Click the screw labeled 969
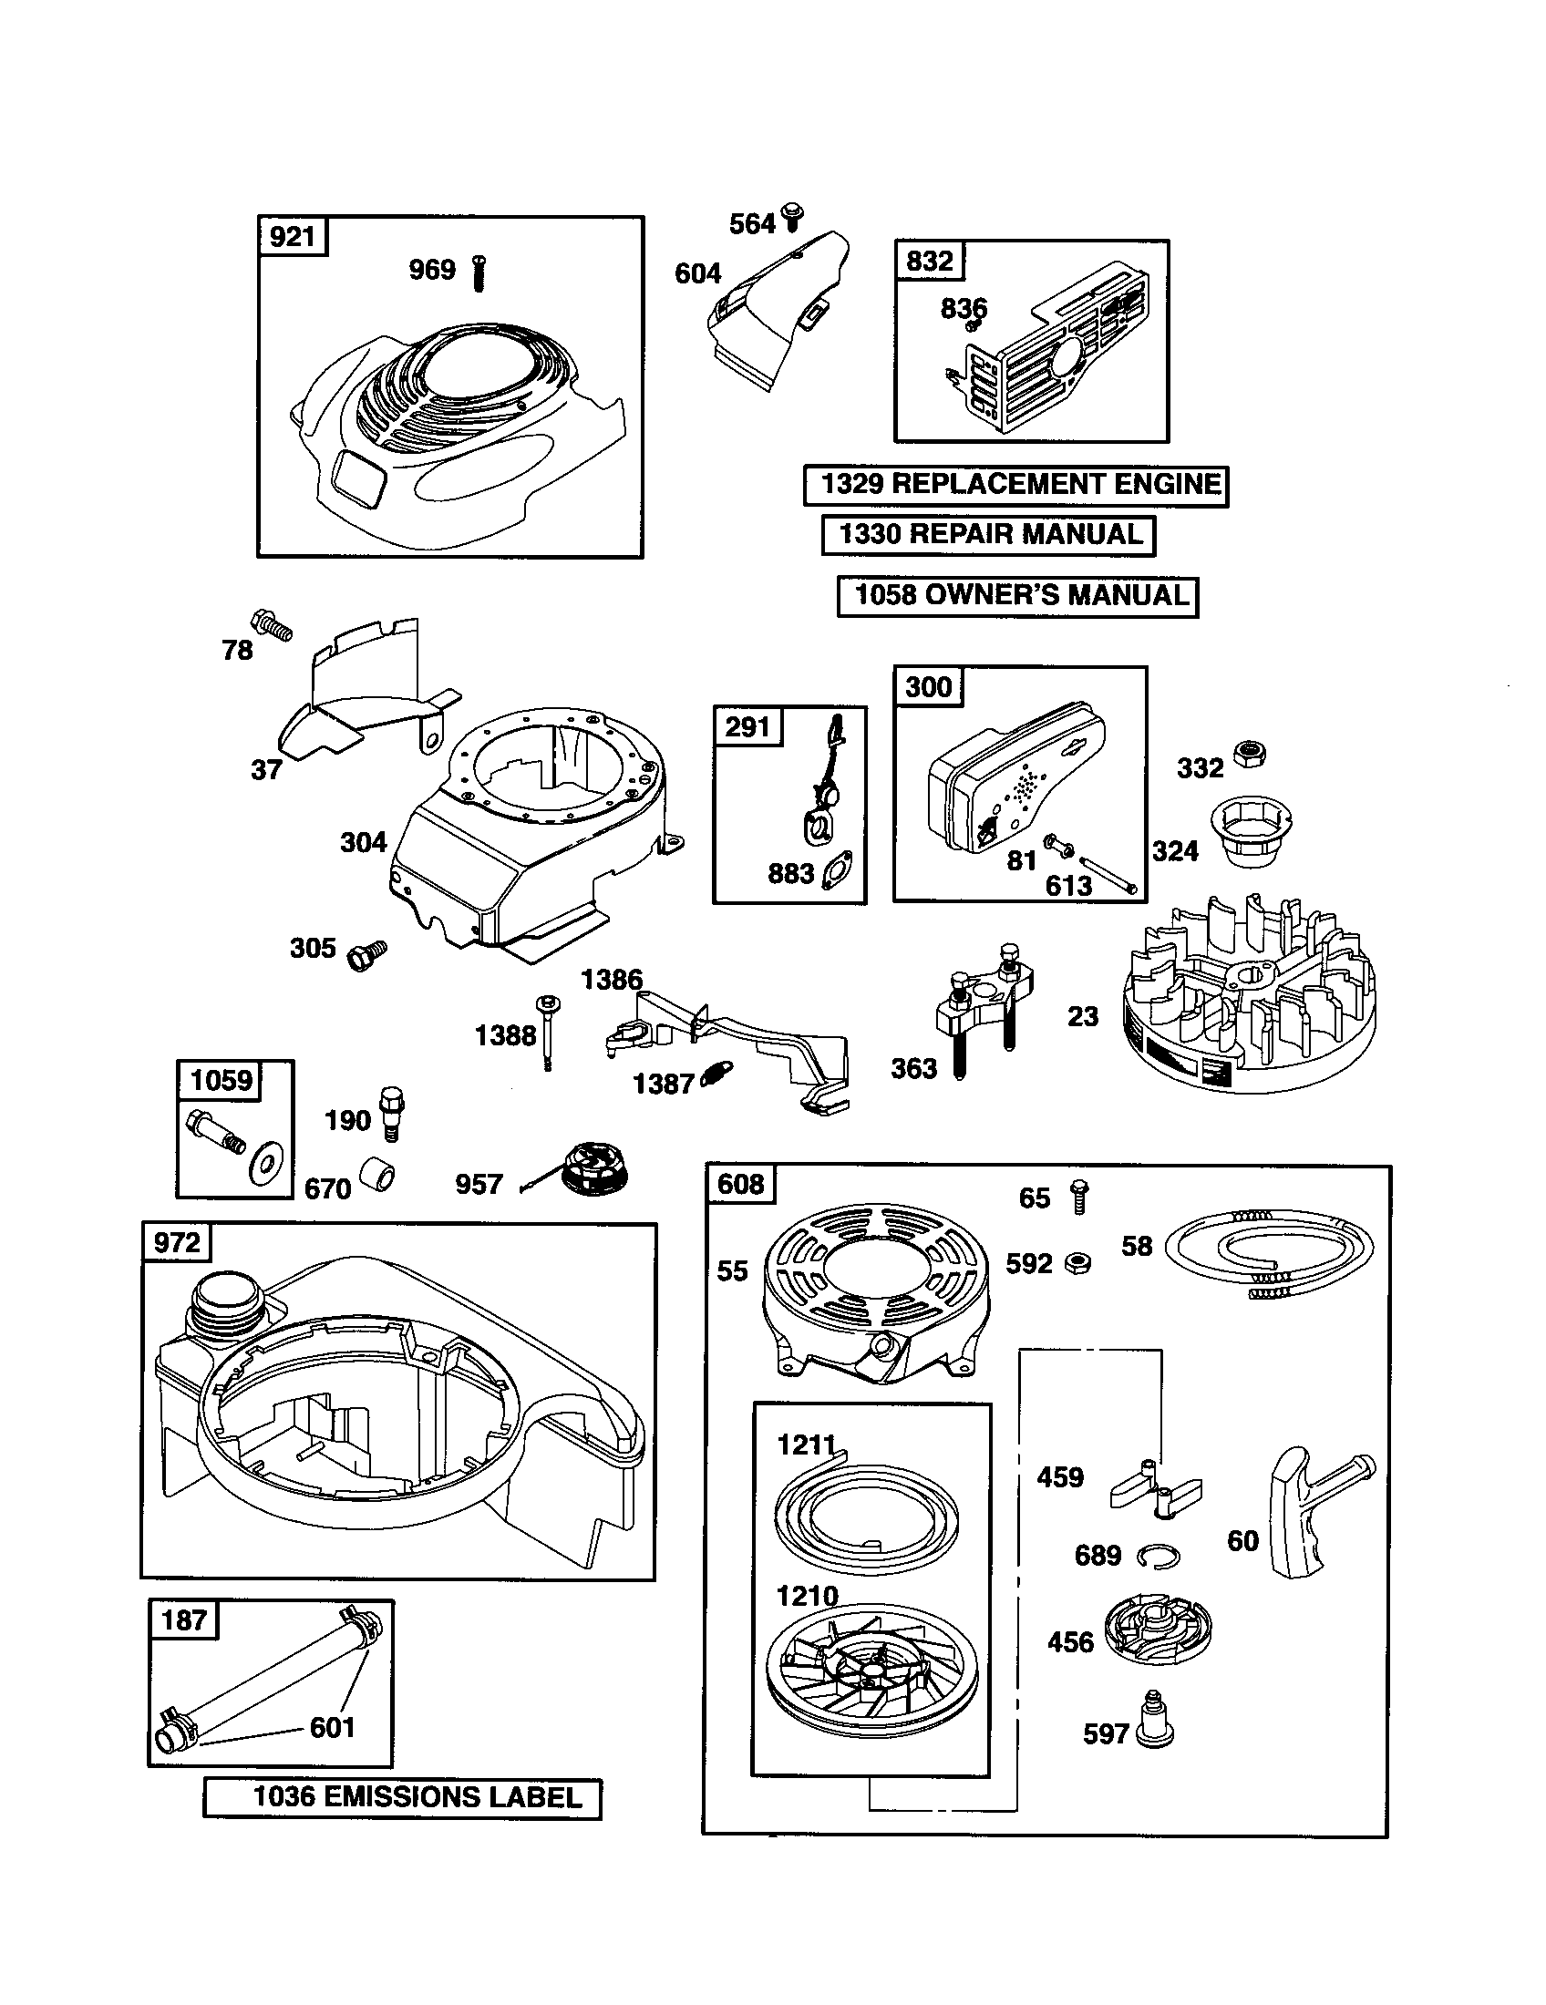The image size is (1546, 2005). tap(479, 272)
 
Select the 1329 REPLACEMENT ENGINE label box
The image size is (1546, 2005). tap(1015, 485)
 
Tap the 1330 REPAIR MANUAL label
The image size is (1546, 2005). tap(988, 534)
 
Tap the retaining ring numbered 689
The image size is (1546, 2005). tap(1158, 1555)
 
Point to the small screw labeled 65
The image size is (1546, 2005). tap(1079, 1198)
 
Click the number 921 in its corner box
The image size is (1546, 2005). tap(292, 237)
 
